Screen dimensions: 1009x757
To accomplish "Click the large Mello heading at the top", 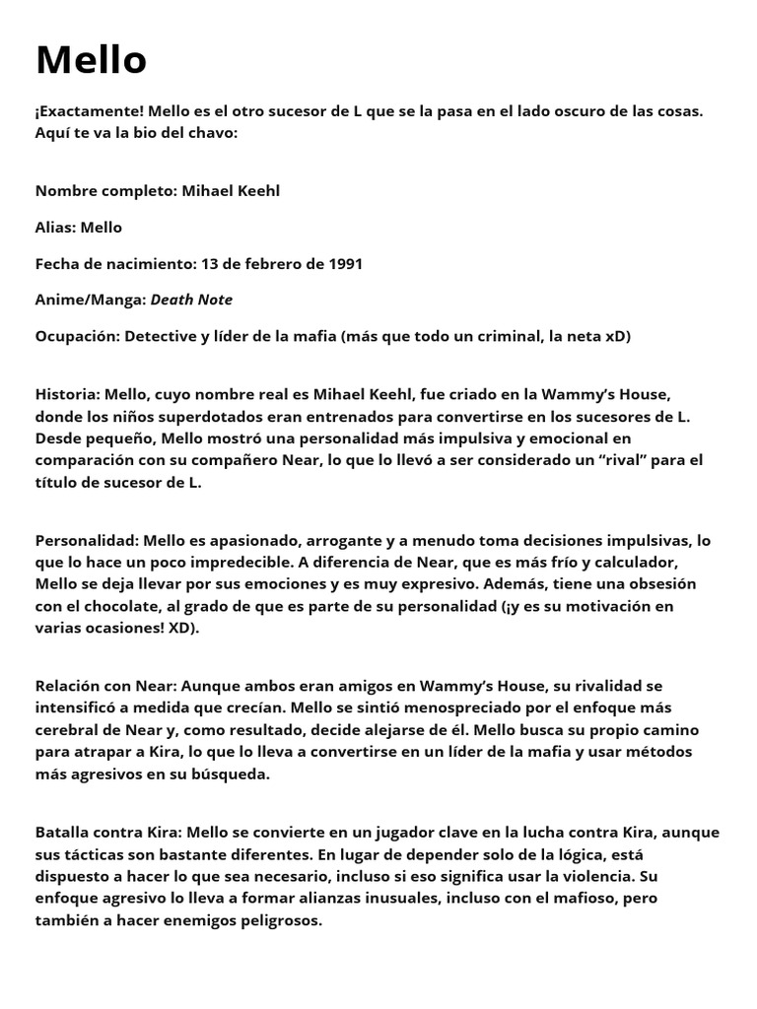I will tap(91, 61).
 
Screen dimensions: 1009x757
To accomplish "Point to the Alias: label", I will tap(56, 227).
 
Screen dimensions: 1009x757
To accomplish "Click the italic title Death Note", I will tap(191, 300).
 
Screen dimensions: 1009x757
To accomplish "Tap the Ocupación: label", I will tap(76, 336).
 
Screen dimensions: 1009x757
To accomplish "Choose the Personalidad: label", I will tap(87, 540).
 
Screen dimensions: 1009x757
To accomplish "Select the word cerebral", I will tap(70, 729).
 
